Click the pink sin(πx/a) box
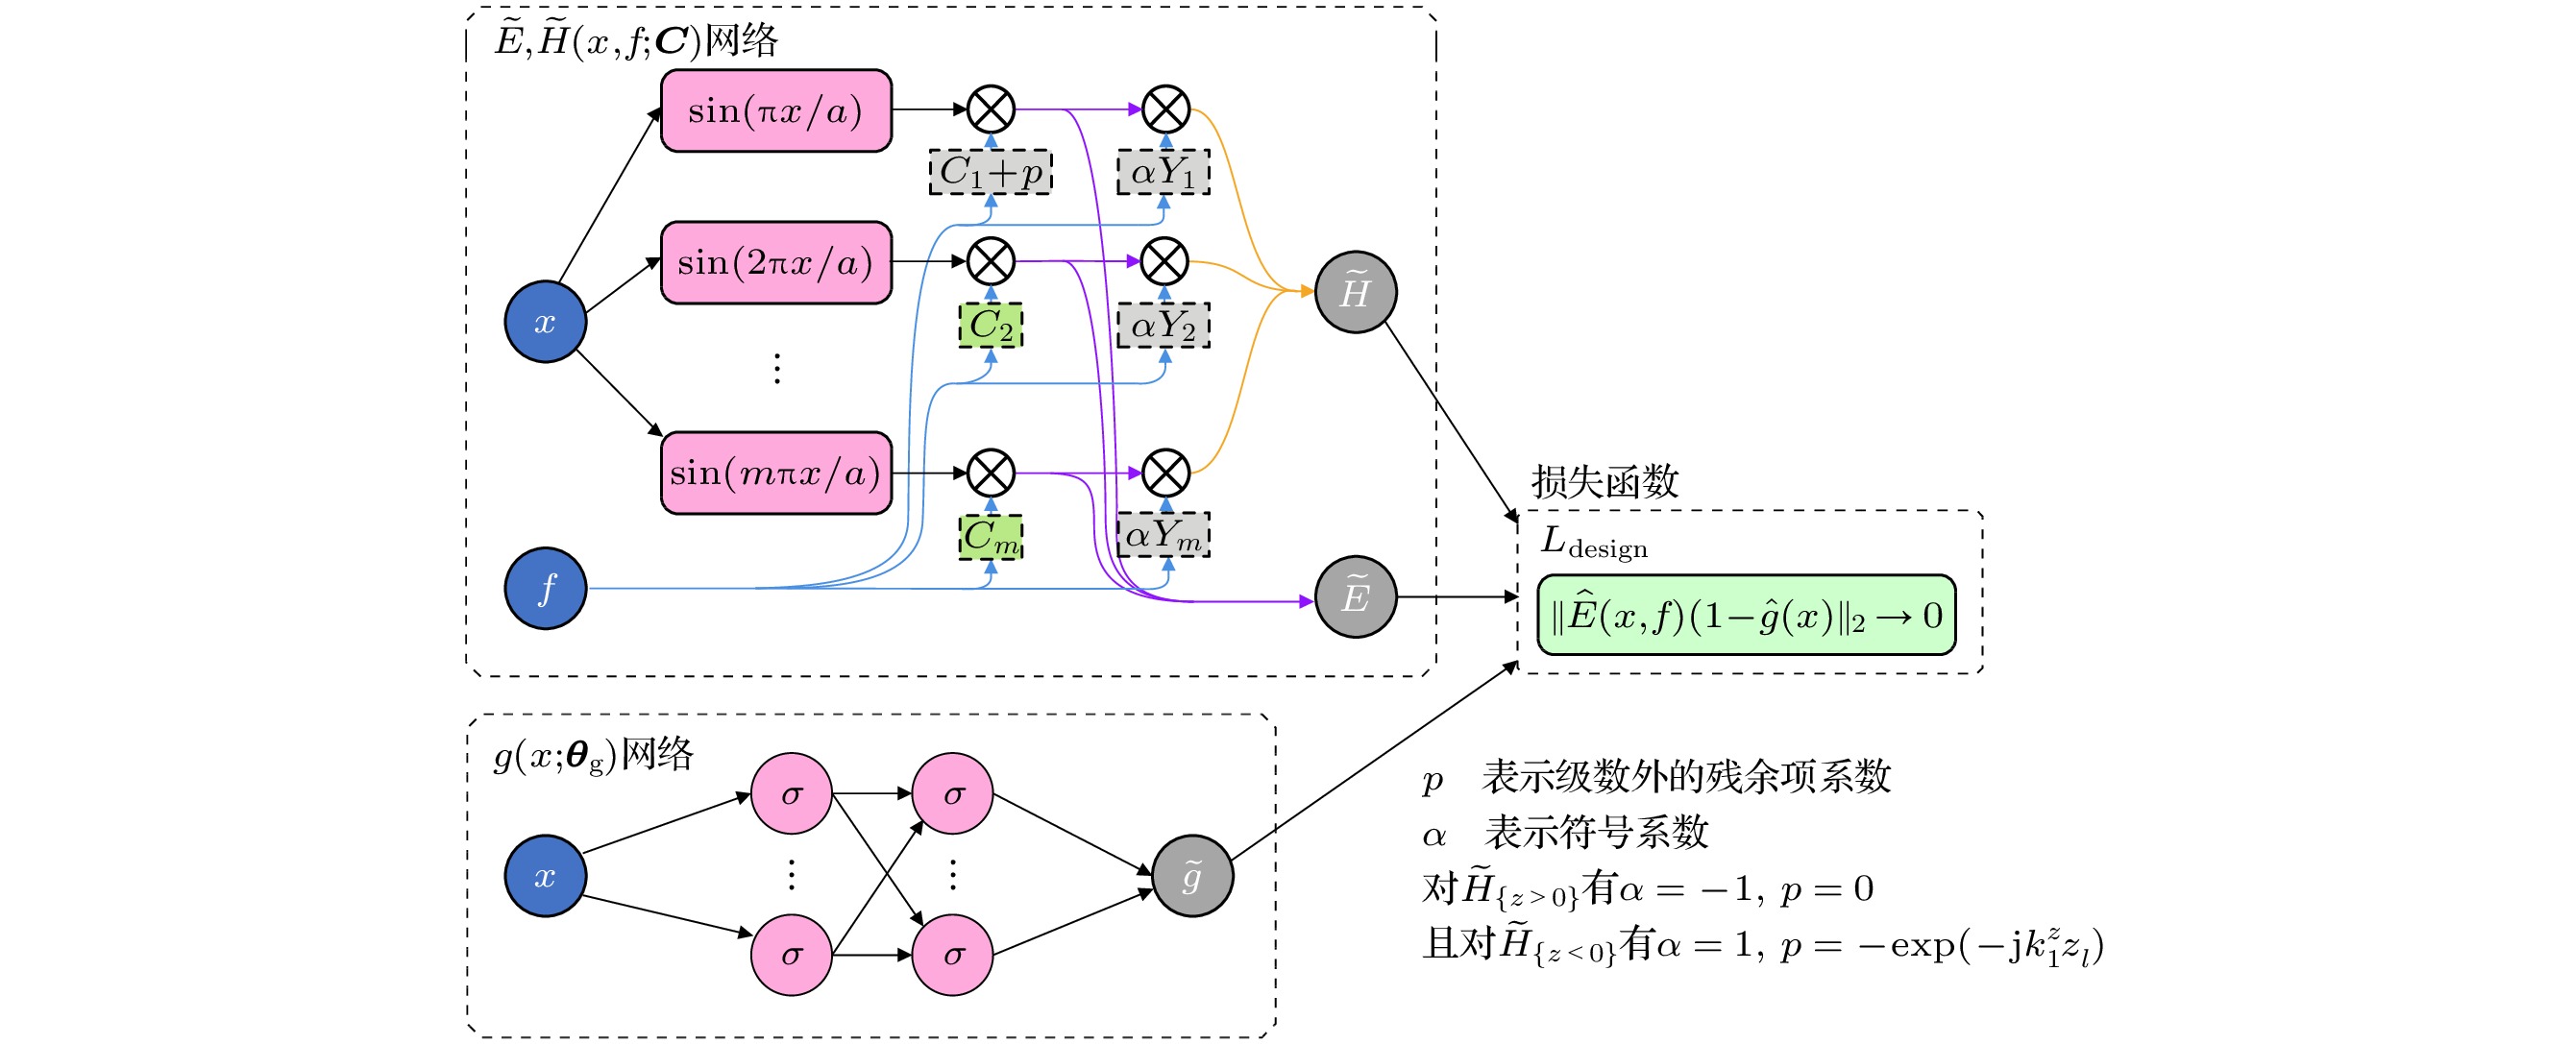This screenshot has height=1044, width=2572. point(775,110)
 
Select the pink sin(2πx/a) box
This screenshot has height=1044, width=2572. point(775,262)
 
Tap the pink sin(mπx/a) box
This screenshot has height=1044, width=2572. point(775,473)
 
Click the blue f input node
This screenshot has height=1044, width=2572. point(545,588)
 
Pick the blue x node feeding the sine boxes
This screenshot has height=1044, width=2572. point(545,322)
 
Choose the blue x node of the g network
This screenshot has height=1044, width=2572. point(545,875)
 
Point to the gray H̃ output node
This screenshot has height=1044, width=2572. point(1355,291)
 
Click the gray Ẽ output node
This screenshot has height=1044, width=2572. point(1355,596)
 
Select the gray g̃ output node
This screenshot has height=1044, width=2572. point(1192,875)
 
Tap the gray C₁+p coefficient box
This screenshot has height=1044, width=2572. point(991,172)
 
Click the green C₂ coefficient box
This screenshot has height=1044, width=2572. point(991,326)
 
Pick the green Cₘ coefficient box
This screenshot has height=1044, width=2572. point(991,537)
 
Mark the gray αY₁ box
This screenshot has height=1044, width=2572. point(1164,172)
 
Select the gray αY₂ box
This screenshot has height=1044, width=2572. point(1164,326)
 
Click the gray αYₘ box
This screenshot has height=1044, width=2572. point(1164,535)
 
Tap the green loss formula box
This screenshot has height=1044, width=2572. point(1747,615)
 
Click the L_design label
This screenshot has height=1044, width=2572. point(1594,543)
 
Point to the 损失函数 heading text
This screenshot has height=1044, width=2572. point(1604,481)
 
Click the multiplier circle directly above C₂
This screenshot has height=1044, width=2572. point(991,261)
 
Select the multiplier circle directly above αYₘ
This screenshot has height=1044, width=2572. point(1164,473)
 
